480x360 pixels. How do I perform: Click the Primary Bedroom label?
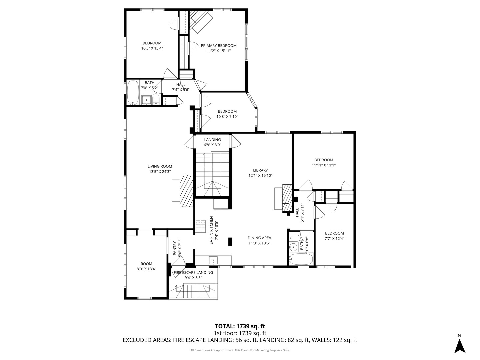218,46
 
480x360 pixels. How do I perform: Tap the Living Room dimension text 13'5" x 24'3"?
160,172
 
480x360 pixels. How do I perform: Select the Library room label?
260,170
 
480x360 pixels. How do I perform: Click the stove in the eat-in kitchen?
201,226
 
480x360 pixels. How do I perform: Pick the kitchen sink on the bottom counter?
213,260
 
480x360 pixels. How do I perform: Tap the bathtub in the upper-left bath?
133,93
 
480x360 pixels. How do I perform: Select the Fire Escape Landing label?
193,272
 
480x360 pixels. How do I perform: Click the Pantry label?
175,248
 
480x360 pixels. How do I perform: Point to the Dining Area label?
259,238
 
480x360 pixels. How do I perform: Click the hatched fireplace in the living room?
186,191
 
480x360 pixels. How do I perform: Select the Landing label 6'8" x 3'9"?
212,140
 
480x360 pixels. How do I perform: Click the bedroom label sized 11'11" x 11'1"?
323,160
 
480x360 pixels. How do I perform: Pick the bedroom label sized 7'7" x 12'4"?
334,233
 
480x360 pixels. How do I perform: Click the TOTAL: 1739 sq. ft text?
240,326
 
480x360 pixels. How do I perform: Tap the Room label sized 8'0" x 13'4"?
146,264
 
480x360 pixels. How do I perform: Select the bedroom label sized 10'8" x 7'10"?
227,111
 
